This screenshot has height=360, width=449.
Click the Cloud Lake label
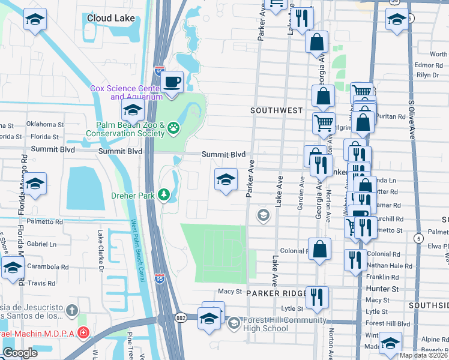coord(110,18)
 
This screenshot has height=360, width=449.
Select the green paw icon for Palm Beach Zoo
coord(173,127)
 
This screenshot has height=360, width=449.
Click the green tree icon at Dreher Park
coord(163,195)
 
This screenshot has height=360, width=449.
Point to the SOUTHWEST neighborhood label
coord(276,110)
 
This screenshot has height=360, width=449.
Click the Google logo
coord(20,353)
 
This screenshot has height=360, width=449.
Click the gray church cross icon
coord(71,311)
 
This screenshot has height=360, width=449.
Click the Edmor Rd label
coord(427,65)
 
